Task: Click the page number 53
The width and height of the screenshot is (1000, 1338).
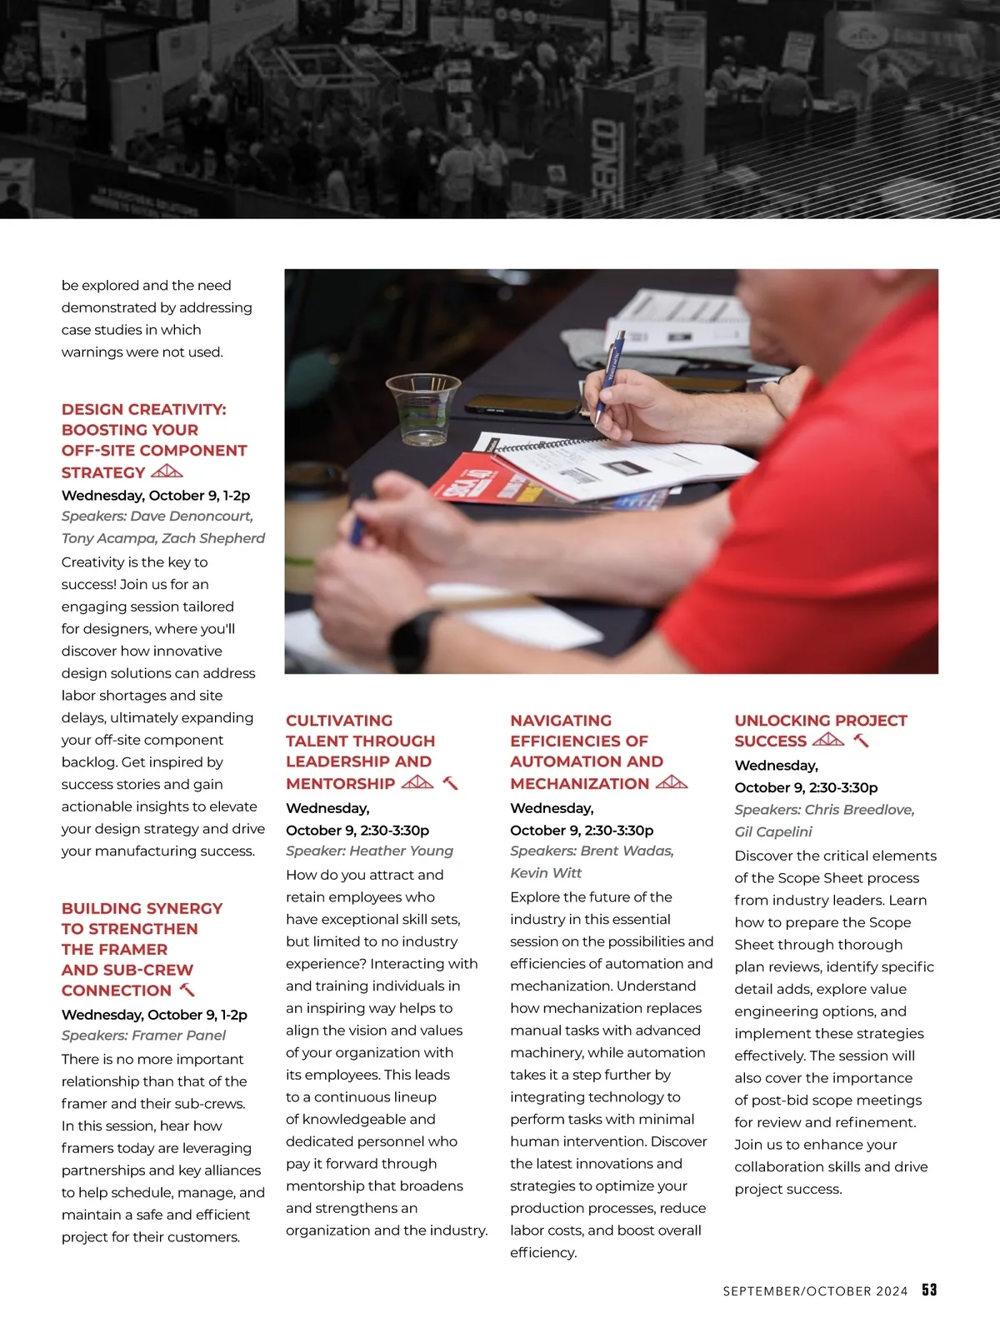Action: [x=929, y=1290]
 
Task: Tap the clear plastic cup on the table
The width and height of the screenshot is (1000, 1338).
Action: [x=423, y=407]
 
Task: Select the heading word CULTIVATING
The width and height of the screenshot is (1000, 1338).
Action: [x=339, y=721]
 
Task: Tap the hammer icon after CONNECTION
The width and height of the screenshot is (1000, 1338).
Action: [x=187, y=990]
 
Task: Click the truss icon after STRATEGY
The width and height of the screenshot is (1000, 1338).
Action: [x=167, y=472]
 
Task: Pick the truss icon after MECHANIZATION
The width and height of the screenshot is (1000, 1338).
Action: [x=672, y=783]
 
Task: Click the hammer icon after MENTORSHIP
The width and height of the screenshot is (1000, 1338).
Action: [x=450, y=783]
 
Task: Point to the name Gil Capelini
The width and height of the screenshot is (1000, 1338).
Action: [x=773, y=831]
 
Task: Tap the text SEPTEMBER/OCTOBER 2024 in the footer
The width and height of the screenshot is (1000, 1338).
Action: [x=815, y=1291]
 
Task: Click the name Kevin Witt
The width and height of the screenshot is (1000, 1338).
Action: [x=546, y=872]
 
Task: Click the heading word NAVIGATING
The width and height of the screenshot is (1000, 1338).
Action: [x=561, y=721]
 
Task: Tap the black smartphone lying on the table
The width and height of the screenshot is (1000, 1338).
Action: [x=522, y=406]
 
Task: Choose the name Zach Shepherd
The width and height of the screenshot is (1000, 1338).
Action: [x=213, y=538]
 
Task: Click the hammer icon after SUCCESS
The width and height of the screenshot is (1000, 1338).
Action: [x=862, y=741]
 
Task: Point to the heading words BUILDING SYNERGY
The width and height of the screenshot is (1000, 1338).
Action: [x=142, y=908]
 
